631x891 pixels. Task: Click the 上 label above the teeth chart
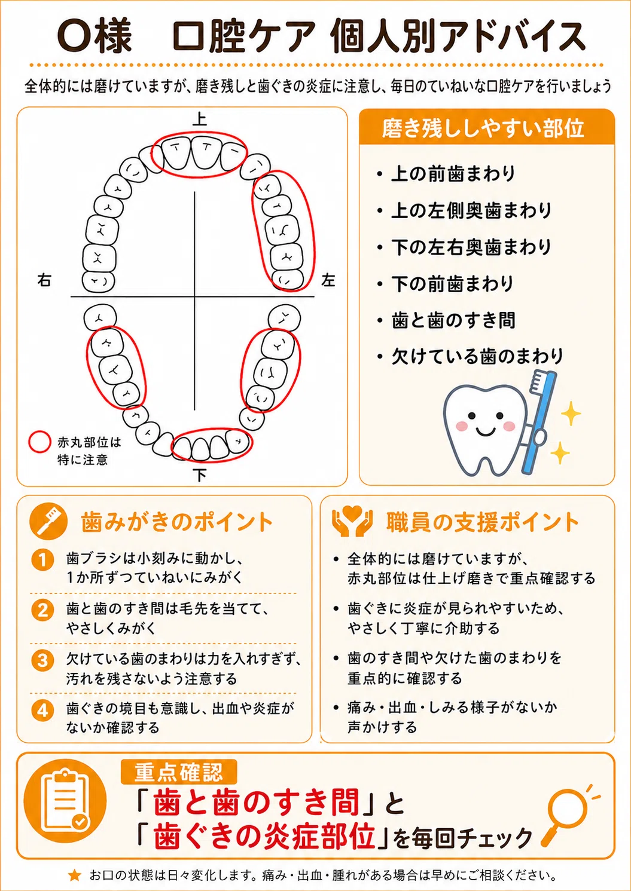[x=199, y=120]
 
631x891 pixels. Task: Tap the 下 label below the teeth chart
[x=199, y=475]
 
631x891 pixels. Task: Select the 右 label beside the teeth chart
[x=44, y=280]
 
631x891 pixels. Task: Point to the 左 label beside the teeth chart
[x=328, y=280]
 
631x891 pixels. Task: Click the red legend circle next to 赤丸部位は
[x=40, y=442]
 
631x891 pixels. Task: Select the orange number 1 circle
[x=42, y=560]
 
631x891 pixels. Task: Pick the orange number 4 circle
[x=42, y=711]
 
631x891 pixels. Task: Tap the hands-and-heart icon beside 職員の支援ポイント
[x=353, y=520]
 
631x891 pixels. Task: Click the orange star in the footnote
[x=74, y=875]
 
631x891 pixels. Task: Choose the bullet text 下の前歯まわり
[x=452, y=284]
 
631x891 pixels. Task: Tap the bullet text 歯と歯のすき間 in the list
[x=453, y=320]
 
